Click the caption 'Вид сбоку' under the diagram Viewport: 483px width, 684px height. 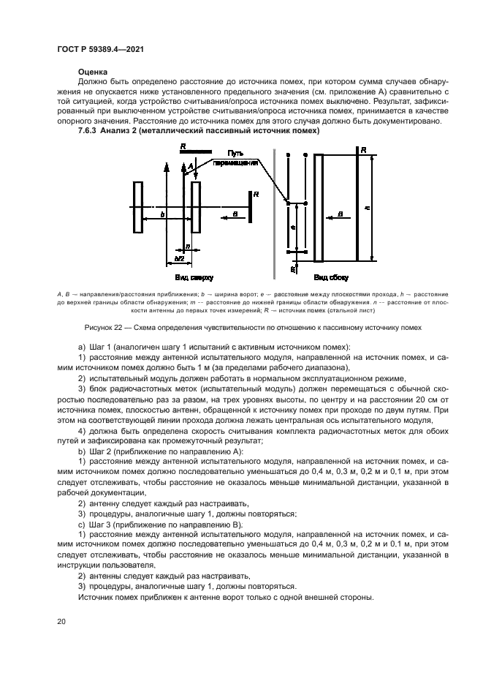(326, 278)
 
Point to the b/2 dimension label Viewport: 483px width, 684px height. (179, 259)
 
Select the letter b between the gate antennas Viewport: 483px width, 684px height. (162, 214)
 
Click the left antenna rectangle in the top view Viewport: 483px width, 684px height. (137, 206)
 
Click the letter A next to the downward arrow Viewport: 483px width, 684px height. (190, 168)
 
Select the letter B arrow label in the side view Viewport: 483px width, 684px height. (341, 214)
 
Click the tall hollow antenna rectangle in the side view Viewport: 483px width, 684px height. (318, 207)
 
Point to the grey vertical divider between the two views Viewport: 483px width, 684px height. (274, 212)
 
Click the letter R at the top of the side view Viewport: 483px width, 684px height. (362, 150)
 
